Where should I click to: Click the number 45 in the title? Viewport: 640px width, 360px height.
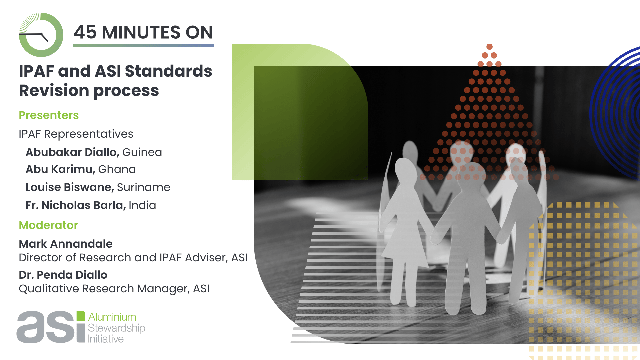[x=85, y=32]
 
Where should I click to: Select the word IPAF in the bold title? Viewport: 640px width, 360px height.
[x=36, y=71]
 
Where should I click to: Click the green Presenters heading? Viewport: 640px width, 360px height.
[x=49, y=115]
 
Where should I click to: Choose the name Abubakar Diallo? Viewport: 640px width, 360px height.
[x=72, y=152]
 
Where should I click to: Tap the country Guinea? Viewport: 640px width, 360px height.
[x=142, y=152]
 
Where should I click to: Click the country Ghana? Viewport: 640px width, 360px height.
[x=117, y=169]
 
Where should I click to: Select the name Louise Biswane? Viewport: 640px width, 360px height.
[x=70, y=187]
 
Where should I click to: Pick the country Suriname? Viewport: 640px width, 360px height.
[x=143, y=187]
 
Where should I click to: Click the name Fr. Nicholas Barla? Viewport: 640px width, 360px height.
[x=76, y=205]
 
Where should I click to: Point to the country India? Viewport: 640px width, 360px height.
[x=142, y=205]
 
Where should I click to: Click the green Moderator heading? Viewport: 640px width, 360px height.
[x=48, y=225]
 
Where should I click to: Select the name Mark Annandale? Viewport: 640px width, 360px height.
[x=66, y=244]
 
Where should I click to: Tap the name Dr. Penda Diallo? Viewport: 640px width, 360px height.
[x=63, y=275]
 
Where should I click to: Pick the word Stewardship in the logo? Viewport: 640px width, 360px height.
[x=116, y=328]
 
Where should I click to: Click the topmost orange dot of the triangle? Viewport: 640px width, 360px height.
[x=489, y=47]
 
